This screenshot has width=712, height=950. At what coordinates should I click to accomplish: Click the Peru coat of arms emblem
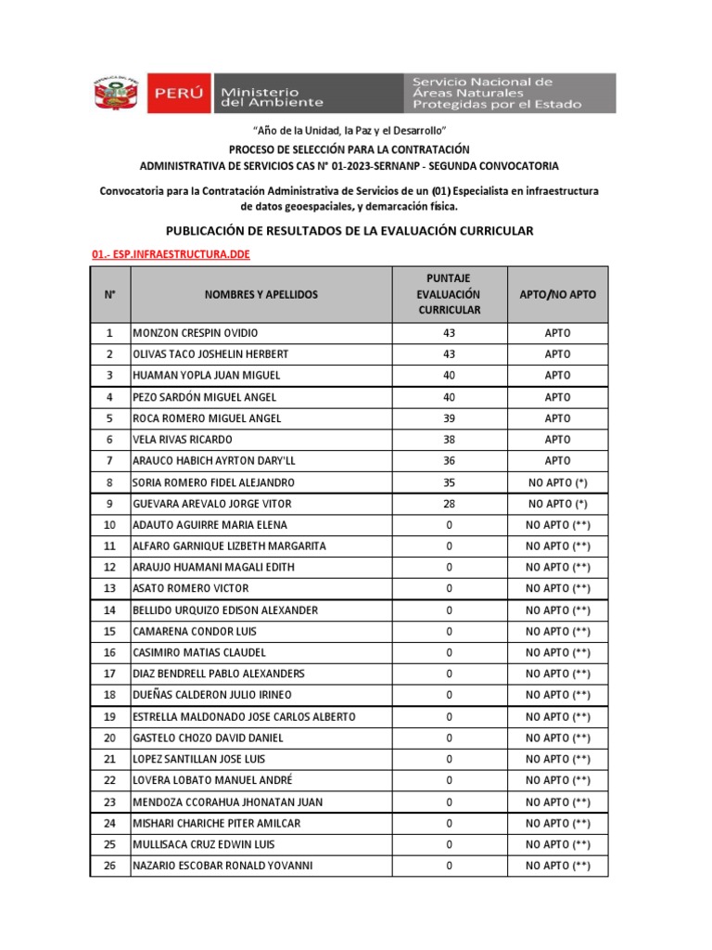[114, 94]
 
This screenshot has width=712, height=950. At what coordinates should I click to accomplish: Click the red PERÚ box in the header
[177, 94]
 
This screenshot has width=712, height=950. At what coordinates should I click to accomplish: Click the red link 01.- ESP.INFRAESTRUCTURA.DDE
[171, 254]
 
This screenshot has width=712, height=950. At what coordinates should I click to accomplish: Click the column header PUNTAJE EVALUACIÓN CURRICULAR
[449, 294]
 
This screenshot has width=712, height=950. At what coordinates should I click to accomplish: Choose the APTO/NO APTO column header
[557, 294]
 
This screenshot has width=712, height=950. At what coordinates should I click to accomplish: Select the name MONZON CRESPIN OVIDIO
[196, 333]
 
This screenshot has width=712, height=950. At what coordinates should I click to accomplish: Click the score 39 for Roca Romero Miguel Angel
[449, 418]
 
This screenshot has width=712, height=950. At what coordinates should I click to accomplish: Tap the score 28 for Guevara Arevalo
[449, 504]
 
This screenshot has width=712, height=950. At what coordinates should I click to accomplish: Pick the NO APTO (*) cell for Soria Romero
[557, 482]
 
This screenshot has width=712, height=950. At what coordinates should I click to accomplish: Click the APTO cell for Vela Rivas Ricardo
[557, 440]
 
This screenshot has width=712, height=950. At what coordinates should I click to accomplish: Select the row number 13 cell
[110, 589]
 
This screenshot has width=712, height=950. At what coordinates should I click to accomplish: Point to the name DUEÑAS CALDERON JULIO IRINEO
[212, 695]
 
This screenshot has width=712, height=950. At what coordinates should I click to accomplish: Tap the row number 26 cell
[110, 866]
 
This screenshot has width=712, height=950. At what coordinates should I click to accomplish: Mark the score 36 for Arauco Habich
[449, 461]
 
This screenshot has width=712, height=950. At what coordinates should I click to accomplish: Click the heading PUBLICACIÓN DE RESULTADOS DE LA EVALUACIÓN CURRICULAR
[350, 231]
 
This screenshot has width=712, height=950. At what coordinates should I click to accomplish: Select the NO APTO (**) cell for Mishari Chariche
[557, 823]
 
